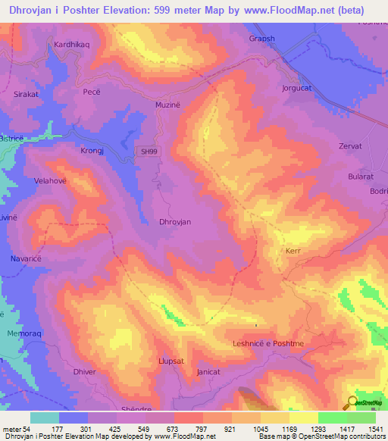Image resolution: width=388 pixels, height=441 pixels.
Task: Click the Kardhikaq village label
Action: [x=71, y=45]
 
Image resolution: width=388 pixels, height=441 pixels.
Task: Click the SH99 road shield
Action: [x=149, y=152]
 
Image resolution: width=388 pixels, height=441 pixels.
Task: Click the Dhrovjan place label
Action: [x=174, y=221]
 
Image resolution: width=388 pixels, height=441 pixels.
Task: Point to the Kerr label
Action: [x=293, y=251]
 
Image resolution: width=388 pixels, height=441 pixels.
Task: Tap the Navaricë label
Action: [x=25, y=259]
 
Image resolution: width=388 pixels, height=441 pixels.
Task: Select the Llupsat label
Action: [x=171, y=361]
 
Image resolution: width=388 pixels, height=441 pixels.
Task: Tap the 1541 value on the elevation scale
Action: [x=373, y=429]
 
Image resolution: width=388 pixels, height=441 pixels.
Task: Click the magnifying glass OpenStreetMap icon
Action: [x=351, y=403]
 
